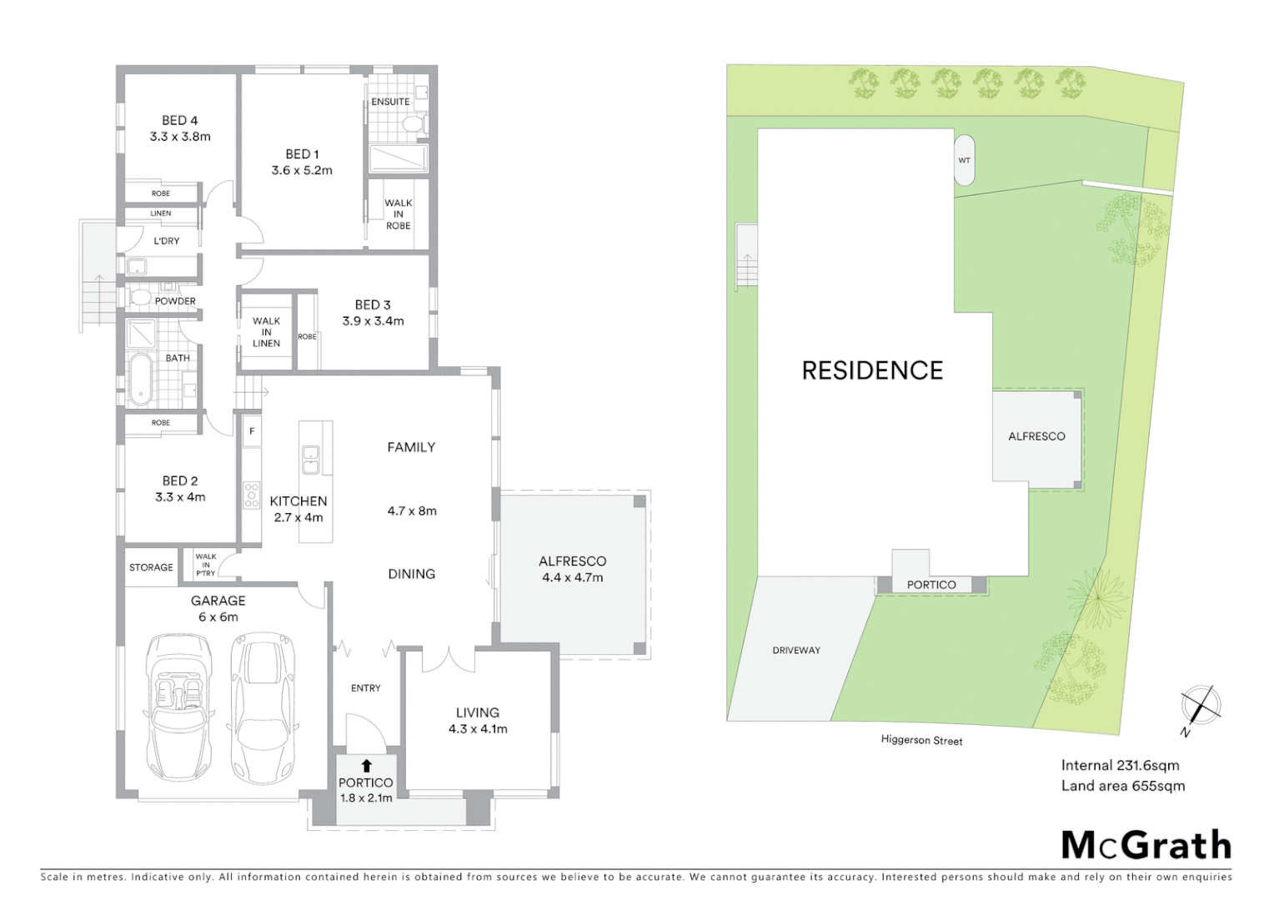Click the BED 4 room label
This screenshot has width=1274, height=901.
[180, 128]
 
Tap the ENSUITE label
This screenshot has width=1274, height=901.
[390, 102]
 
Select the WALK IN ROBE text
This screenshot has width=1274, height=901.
[398, 214]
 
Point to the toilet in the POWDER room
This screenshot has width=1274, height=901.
[140, 298]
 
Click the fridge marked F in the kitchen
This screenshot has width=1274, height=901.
[252, 432]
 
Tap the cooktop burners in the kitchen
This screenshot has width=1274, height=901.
[251, 496]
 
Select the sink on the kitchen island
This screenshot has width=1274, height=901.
[310, 460]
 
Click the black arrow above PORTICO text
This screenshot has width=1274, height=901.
[366, 765]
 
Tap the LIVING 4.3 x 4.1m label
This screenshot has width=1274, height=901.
[477, 721]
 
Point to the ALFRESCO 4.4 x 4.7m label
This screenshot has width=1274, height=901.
[572, 569]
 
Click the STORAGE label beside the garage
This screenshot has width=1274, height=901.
[151, 567]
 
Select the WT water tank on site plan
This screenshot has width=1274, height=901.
[964, 160]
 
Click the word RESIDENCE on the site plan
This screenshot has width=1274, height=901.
[872, 370]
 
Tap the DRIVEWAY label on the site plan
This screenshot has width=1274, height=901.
[796, 651]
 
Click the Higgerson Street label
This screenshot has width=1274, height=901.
[921, 741]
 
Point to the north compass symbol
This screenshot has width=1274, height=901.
[1201, 705]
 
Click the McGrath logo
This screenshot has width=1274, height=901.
[1146, 845]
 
